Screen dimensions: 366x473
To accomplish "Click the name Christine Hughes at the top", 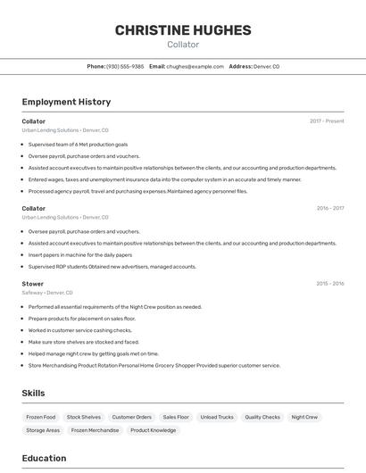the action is tap(183, 29).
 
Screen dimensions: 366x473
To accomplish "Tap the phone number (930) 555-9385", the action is tap(125, 66).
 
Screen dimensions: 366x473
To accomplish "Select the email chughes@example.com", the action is tap(195, 66).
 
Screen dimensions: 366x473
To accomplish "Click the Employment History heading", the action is tap(66, 102).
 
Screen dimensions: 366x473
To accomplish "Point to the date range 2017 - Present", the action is tap(327, 120).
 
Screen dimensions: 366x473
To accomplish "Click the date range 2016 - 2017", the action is tap(329, 208).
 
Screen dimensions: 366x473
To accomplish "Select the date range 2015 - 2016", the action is tap(329, 284).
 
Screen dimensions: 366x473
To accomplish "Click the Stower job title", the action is tap(33, 284).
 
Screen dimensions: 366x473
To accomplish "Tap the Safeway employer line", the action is tap(47, 293).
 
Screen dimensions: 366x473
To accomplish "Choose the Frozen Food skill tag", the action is tap(41, 417).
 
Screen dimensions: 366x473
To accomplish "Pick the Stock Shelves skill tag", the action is tap(84, 417).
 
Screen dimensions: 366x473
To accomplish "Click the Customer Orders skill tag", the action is tap(132, 417).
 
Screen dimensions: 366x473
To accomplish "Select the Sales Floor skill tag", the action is tap(176, 417).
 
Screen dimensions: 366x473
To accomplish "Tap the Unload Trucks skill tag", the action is tap(217, 417).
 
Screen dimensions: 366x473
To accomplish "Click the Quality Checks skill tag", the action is tap(262, 417).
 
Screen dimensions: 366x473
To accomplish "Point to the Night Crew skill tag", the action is tap(304, 417).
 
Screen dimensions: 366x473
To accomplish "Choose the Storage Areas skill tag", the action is tap(43, 430).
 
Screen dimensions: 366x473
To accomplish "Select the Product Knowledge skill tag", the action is tap(154, 430).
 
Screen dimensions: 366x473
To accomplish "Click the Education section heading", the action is tap(44, 458).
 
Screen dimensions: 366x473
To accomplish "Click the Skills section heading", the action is tap(33, 393).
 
